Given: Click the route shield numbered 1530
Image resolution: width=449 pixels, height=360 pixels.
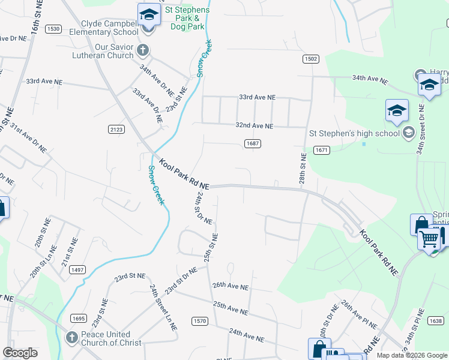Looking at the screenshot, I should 53,29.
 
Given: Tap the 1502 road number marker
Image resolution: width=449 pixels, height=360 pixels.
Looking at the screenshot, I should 310,59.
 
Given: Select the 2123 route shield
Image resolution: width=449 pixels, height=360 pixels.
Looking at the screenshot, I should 116,129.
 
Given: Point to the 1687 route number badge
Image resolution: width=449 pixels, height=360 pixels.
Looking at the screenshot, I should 252,143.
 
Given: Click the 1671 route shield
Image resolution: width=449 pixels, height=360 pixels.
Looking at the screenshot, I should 322,149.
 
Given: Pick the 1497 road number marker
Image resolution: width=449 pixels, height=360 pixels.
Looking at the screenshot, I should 77,271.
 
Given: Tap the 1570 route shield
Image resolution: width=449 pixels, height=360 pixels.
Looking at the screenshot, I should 200,321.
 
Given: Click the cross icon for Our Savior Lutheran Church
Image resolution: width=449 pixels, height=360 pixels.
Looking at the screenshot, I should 142,49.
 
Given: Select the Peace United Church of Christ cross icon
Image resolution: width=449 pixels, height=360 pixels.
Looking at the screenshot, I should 71,337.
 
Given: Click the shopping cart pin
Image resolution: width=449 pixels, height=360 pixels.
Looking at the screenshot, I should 430,240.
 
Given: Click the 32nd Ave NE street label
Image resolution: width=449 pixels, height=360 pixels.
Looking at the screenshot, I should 255,126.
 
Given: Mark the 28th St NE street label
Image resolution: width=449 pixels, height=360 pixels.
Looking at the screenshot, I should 303,169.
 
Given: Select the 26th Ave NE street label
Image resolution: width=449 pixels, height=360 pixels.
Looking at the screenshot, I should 231,287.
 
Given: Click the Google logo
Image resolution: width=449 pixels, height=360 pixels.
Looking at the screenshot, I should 20,353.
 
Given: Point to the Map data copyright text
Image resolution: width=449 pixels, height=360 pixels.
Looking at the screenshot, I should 412,355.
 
